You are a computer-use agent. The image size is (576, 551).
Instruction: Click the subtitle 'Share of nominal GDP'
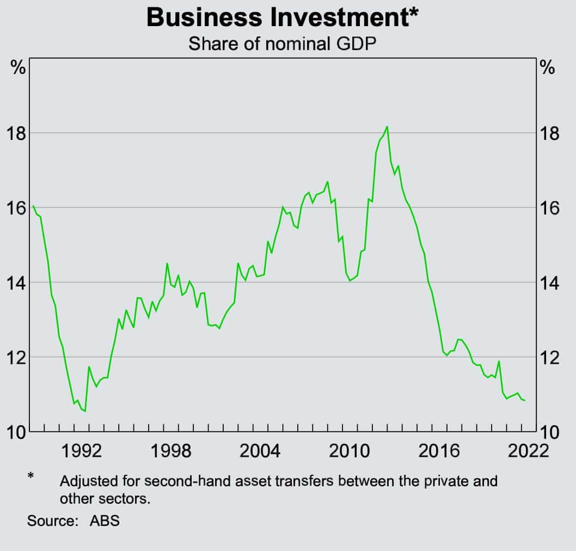(x=282, y=44)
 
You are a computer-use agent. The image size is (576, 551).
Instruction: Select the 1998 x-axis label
(x=171, y=451)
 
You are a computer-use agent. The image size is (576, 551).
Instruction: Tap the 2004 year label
(x=261, y=451)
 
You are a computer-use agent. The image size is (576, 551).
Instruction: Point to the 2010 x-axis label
(x=351, y=451)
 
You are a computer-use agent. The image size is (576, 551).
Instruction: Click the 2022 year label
(x=526, y=451)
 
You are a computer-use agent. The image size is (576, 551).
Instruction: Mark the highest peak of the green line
(x=387, y=127)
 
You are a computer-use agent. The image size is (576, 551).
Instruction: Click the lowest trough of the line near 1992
(x=85, y=411)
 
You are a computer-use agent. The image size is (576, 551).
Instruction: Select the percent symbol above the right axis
(x=547, y=69)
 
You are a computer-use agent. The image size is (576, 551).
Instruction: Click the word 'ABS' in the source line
(x=105, y=521)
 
